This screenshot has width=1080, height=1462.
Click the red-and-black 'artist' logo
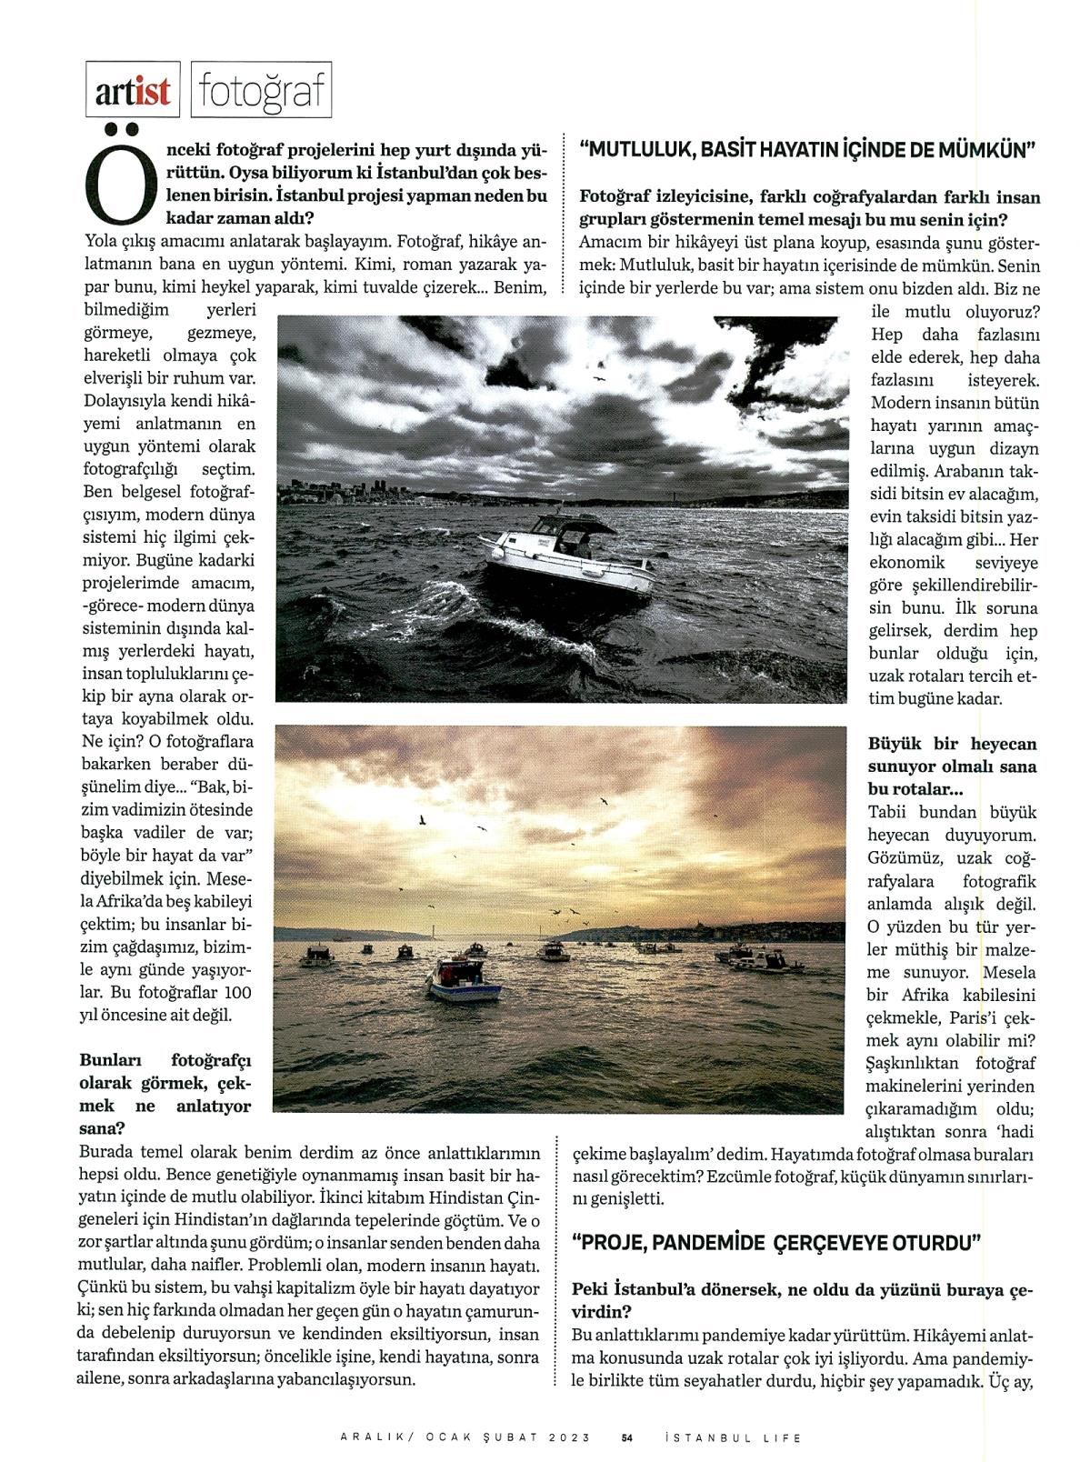click(133, 92)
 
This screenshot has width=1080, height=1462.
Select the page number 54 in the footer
click(627, 1437)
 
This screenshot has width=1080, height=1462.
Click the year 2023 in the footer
click(570, 1437)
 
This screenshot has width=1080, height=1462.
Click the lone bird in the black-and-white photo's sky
click(599, 376)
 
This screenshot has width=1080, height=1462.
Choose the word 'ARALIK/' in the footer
click(372, 1437)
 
